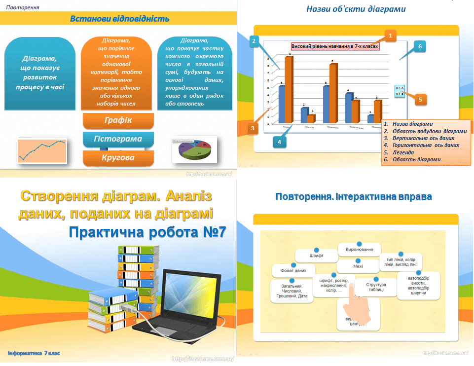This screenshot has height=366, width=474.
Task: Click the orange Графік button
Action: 118,120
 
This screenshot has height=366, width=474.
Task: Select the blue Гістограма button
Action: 118,139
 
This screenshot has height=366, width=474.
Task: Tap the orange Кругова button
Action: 118,158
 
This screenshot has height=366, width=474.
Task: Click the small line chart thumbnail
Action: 42,150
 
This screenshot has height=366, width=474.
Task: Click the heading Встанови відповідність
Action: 119,19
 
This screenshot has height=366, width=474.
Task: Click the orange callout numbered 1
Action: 390,36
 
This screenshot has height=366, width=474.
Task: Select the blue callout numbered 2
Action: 254,41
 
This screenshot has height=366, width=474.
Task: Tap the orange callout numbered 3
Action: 253,129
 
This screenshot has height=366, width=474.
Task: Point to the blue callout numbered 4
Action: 279,142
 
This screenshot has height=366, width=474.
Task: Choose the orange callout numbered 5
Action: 420,100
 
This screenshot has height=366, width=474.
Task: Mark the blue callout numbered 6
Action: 419,47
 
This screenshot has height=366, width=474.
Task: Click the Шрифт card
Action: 316,256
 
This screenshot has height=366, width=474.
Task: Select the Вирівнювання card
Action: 359,250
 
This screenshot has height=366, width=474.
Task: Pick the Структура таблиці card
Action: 376,288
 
